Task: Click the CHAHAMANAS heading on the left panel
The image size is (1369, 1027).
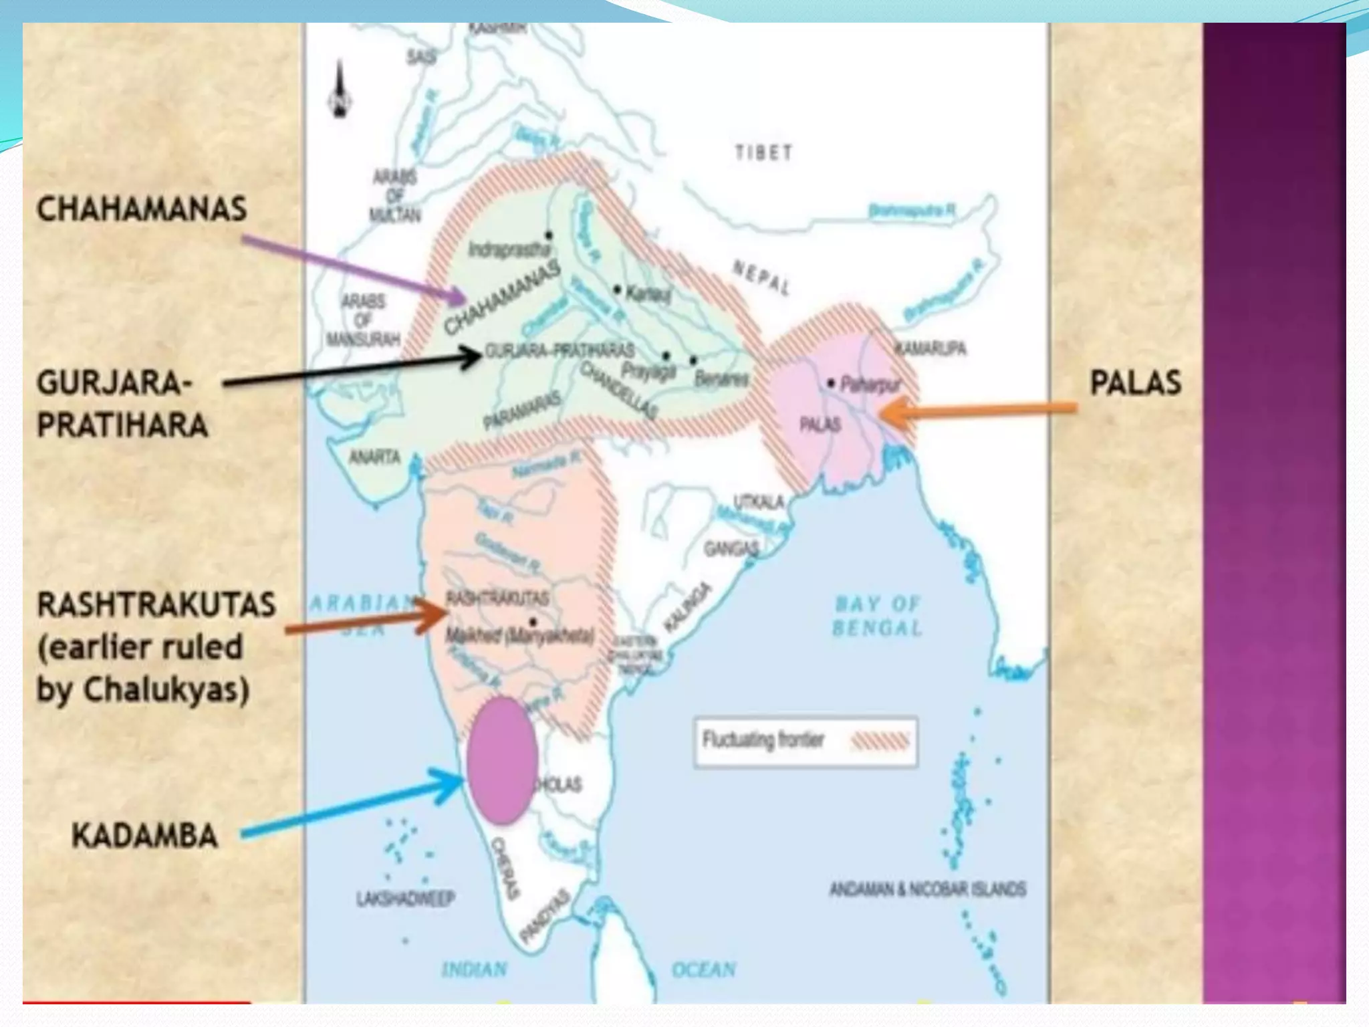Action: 142,209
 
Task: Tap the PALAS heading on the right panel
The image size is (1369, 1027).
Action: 1135,383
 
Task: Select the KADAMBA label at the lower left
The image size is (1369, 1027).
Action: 144,836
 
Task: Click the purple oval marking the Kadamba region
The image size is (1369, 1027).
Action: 502,760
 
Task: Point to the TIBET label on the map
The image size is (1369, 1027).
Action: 763,153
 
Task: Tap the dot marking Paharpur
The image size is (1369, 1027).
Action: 831,383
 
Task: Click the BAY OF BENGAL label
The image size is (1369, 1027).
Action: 877,616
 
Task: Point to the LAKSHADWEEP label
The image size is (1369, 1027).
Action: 406,898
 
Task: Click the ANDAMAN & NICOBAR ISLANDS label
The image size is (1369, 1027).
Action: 928,889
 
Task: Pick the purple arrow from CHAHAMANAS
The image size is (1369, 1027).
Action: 354,267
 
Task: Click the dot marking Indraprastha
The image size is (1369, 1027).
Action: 549,235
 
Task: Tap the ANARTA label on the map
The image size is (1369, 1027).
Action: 374,457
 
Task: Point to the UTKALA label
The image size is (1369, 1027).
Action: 758,501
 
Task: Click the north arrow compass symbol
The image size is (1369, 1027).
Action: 340,90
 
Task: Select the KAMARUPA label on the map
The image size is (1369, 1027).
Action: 930,348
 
